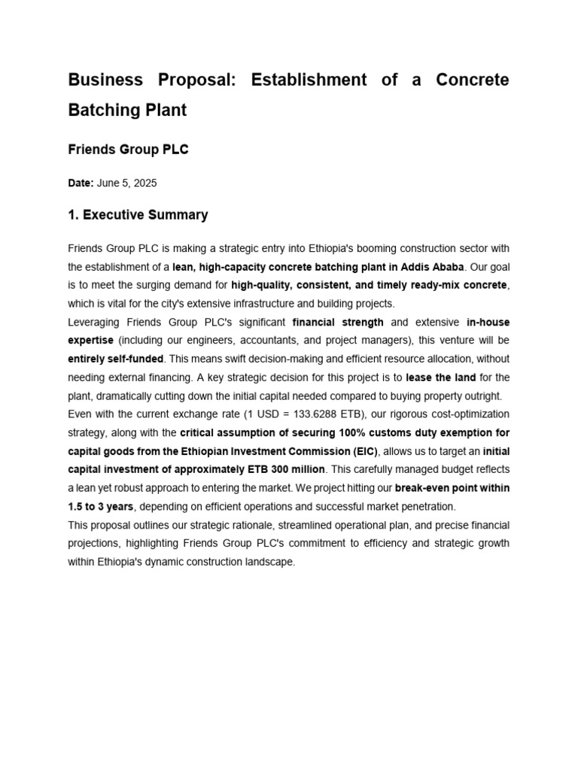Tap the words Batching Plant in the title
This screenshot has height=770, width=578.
[127, 111]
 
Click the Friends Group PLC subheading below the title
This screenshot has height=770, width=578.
[128, 150]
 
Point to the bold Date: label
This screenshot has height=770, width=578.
[81, 183]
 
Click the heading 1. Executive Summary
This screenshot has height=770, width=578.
[138, 215]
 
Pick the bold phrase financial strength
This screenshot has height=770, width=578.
[338, 322]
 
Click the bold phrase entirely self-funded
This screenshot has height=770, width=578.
[116, 359]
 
